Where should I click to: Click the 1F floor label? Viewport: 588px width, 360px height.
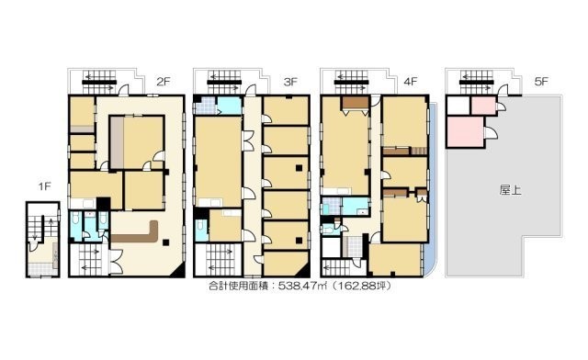click(x=44, y=186)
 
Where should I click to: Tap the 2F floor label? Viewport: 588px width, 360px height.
click(x=164, y=82)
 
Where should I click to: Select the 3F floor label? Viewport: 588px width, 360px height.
click(x=290, y=82)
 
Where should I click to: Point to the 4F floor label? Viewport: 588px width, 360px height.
click(x=411, y=82)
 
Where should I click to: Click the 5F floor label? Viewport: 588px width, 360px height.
click(x=541, y=82)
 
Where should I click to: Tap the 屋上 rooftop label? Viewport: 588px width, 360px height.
click(x=511, y=190)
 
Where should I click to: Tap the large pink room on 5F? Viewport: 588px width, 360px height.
click(x=465, y=132)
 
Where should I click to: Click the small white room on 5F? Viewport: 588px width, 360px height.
click(x=458, y=106)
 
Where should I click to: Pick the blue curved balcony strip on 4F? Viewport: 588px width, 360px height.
click(x=432, y=187)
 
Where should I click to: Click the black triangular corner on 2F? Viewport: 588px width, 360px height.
click(x=179, y=272)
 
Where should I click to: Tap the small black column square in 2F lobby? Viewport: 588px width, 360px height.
click(x=165, y=242)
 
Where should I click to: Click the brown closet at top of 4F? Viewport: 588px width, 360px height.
click(x=355, y=103)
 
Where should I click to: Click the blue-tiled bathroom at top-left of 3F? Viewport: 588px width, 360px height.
click(x=205, y=106)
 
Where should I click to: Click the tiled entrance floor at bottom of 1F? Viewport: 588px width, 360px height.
click(x=40, y=269)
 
